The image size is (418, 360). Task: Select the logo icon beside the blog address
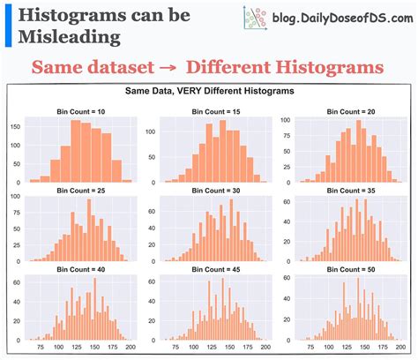(253, 18)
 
